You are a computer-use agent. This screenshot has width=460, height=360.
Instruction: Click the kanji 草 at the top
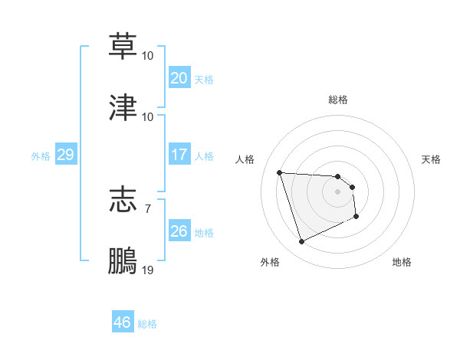pyautogui.click(x=123, y=46)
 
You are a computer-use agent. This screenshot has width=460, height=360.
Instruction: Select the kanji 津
pyautogui.click(x=123, y=107)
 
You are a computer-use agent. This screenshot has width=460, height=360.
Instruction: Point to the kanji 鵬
pyautogui.click(x=123, y=260)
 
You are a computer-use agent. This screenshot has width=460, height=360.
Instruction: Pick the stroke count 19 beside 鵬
pyautogui.click(x=148, y=270)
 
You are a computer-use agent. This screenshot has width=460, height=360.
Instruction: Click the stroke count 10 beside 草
pyautogui.click(x=148, y=56)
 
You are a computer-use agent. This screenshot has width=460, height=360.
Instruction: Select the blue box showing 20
pyautogui.click(x=179, y=78)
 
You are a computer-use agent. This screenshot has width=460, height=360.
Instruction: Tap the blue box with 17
pyautogui.click(x=179, y=155)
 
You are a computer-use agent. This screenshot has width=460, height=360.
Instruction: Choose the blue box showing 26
pyautogui.click(x=179, y=231)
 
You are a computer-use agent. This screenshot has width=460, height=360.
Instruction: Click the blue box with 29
pyautogui.click(x=65, y=155)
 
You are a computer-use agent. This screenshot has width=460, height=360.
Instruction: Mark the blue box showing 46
pyautogui.click(x=122, y=322)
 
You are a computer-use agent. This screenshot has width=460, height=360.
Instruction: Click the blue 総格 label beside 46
pyautogui.click(x=147, y=324)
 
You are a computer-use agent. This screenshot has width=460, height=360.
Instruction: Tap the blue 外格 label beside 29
pyautogui.click(x=41, y=156)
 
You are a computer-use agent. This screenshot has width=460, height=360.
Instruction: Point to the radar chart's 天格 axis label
pyautogui.click(x=432, y=159)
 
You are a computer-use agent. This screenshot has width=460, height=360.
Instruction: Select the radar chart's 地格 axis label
pyautogui.click(x=402, y=262)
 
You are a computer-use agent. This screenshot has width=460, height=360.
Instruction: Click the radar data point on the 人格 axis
pyautogui.click(x=280, y=172)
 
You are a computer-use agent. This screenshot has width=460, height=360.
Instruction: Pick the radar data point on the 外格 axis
pyautogui.click(x=301, y=242)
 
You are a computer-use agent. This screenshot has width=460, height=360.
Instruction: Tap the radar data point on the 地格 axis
pyautogui.click(x=357, y=218)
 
